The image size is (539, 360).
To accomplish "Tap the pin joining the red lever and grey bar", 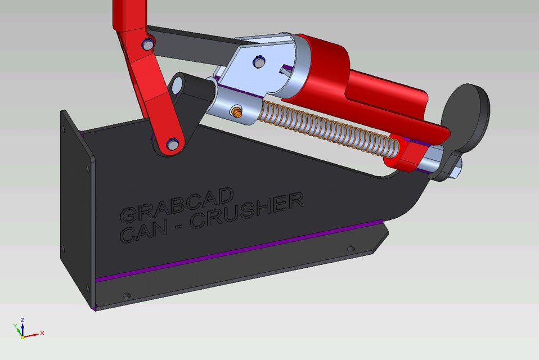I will click(147, 43).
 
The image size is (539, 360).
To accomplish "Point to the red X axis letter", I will click(42, 333).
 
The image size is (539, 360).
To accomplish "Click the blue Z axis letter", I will click(21, 319).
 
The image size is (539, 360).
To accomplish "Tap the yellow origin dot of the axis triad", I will click(22, 336).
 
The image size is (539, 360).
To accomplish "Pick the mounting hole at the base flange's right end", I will click(351, 249).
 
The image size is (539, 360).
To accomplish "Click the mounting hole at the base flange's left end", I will click(126, 295).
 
